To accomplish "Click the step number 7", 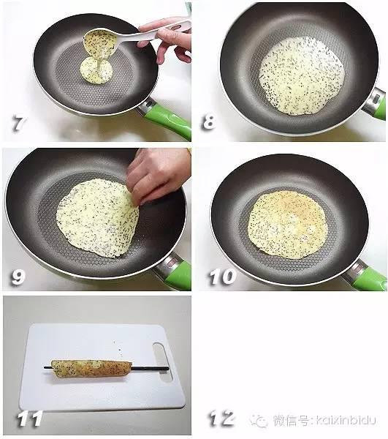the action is [19, 124].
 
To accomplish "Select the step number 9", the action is [18, 277].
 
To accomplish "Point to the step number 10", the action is [222, 277].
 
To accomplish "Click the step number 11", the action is [30, 419].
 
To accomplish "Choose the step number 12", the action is [221, 419].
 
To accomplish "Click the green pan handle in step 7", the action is [168, 119].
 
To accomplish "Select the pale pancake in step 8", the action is [302, 76].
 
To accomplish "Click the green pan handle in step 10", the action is [369, 278].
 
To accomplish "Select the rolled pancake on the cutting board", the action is [91, 368].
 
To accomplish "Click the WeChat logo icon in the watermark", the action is [258, 421].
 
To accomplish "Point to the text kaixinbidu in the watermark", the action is [346, 420].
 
